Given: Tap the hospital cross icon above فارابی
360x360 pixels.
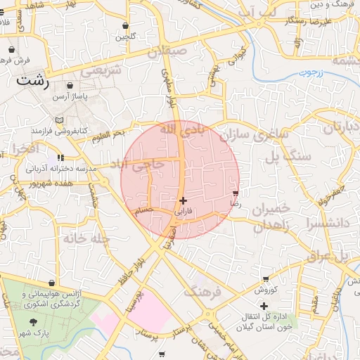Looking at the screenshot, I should [x=184, y=200].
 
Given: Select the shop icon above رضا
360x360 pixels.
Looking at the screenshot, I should [x=235, y=192].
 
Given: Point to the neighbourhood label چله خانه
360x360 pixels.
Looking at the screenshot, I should [x=87, y=238].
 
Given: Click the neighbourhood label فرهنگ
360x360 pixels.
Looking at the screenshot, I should [x=202, y=290].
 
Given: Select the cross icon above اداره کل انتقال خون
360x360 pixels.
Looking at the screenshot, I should [x=264, y=305].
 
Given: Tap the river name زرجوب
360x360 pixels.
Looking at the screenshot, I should [x=307, y=72].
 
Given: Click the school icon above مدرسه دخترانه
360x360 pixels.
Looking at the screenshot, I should [x=61, y=157].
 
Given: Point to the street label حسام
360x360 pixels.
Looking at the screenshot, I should [x=143, y=210].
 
